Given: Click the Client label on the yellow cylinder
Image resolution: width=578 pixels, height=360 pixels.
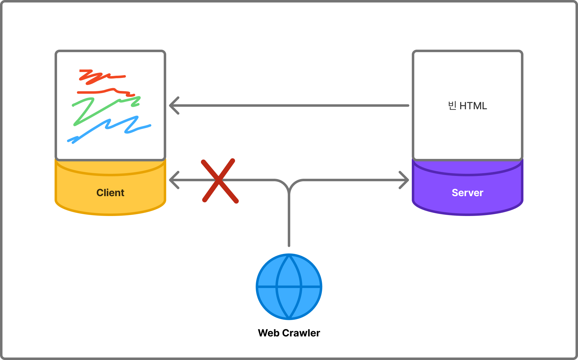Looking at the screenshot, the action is (110, 193).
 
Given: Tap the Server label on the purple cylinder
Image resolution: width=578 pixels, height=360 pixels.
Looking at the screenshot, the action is (467, 193).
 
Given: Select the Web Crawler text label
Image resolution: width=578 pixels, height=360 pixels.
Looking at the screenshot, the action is (289, 333).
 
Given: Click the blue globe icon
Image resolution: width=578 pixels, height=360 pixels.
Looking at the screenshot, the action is (289, 287).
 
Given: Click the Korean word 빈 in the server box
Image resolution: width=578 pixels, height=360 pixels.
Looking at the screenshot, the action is (452, 106).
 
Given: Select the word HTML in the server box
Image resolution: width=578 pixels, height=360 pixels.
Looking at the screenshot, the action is (473, 106).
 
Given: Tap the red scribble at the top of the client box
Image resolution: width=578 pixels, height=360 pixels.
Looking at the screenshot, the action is (102, 77).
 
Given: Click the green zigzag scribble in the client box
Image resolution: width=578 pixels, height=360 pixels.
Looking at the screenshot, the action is (106, 111).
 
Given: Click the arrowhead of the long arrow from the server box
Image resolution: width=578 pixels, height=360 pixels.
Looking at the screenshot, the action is (174, 106).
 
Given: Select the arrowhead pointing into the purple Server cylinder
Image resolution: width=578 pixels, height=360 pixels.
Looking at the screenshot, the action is (404, 180).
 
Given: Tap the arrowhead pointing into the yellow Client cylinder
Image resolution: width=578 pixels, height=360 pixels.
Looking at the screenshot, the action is (174, 180).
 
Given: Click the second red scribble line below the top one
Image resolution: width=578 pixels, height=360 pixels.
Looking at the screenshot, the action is (106, 92).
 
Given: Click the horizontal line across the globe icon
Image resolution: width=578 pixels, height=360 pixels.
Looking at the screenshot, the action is (289, 287).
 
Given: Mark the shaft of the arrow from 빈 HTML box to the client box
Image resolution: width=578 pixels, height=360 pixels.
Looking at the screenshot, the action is (290, 106).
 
